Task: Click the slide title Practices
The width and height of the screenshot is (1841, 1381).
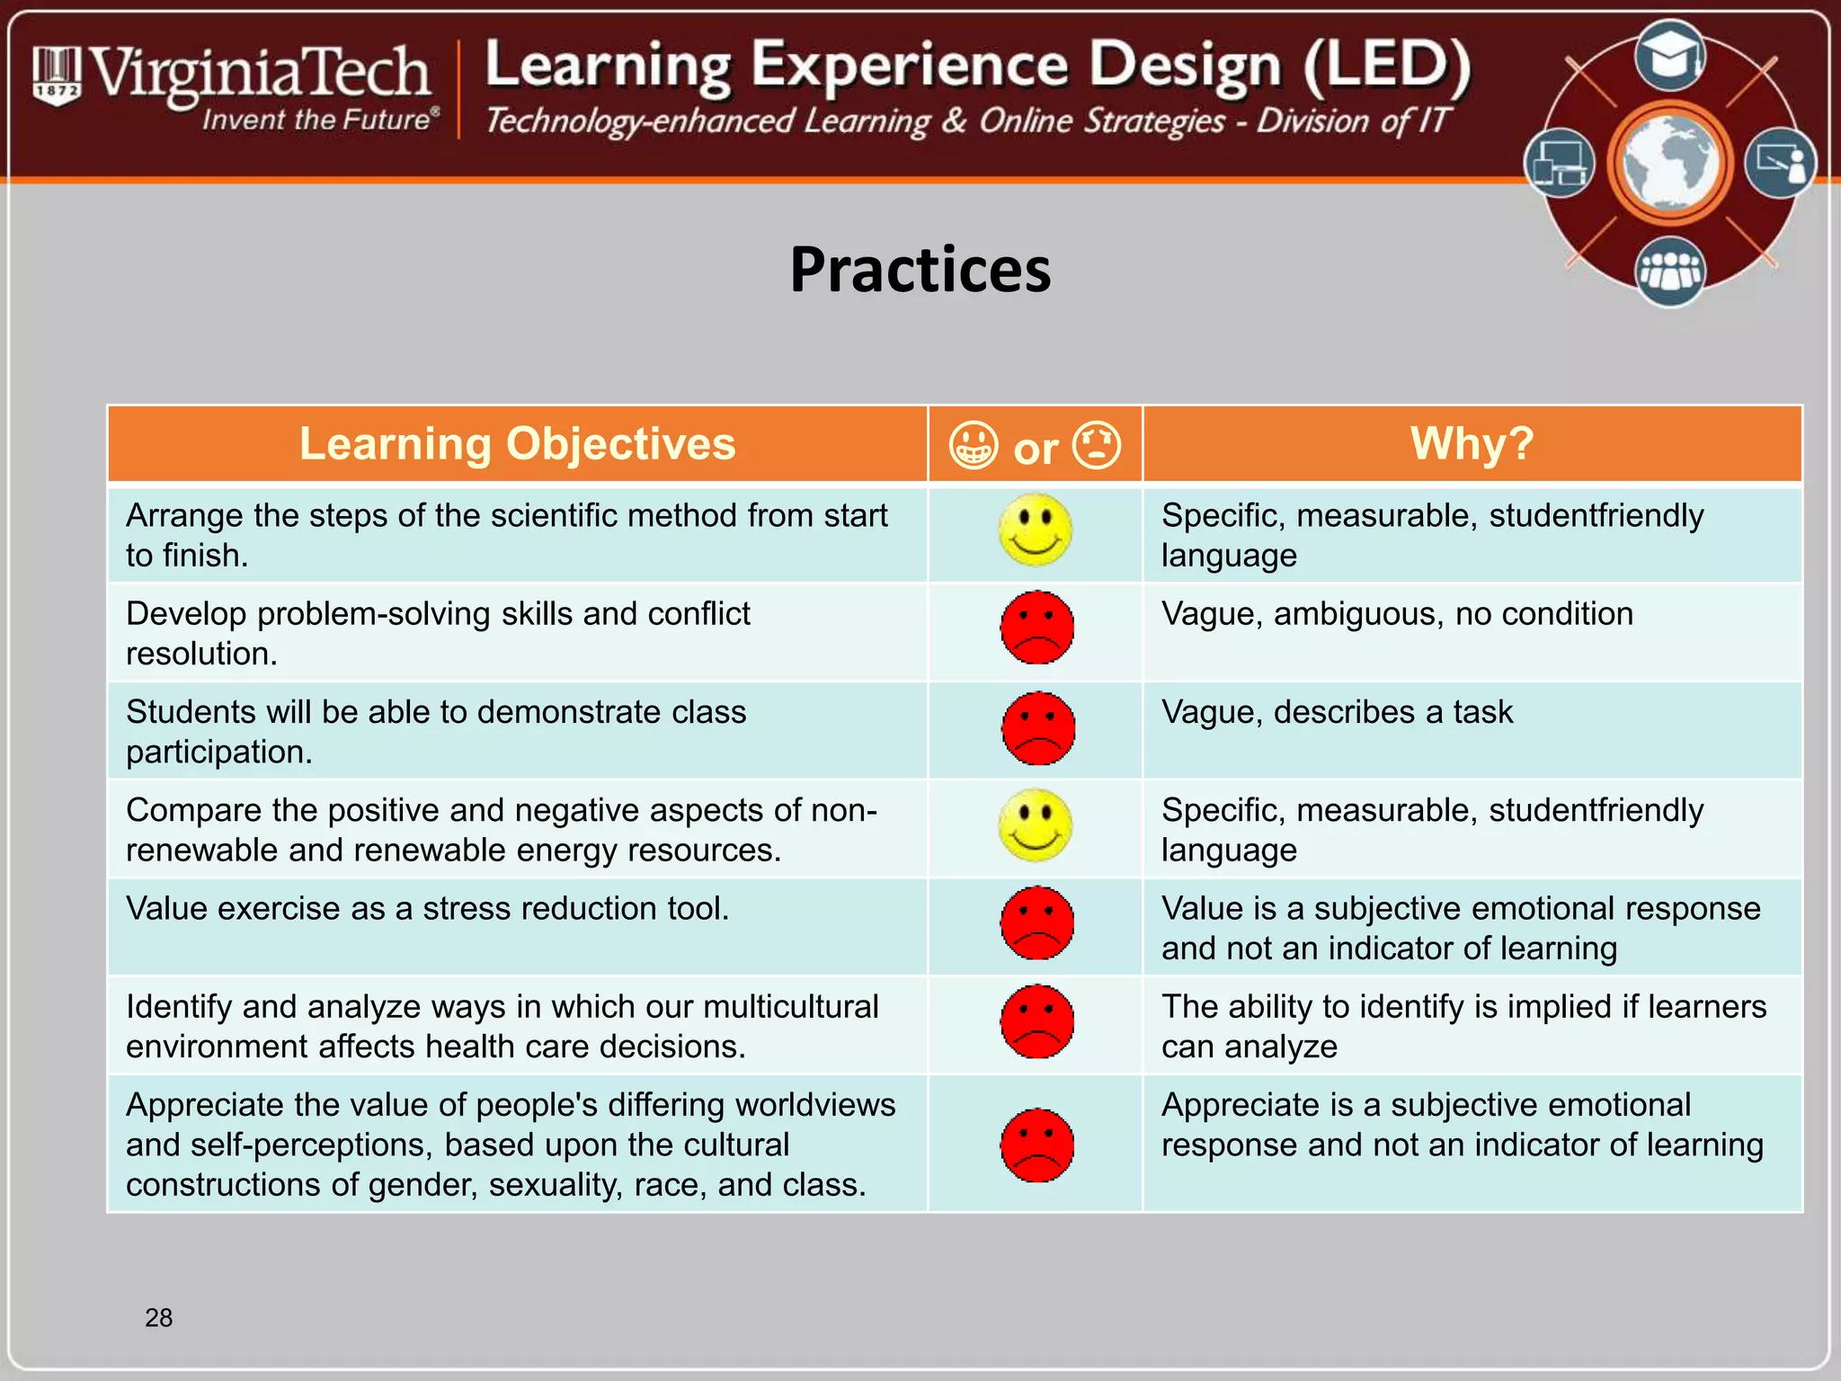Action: [920, 270]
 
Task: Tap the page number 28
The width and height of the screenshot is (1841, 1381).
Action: [158, 1317]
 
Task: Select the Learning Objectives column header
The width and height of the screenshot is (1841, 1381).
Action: [517, 444]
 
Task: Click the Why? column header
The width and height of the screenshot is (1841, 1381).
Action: [1472, 444]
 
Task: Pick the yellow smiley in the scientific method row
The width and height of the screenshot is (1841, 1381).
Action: [1036, 530]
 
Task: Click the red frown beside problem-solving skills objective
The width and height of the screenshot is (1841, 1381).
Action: [1036, 628]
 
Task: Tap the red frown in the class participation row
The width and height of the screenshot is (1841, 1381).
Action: [1037, 727]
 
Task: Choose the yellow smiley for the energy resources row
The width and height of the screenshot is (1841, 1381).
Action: [1036, 825]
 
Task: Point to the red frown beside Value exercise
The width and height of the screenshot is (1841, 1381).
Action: [1036, 923]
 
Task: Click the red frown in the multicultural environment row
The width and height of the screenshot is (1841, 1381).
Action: [1036, 1021]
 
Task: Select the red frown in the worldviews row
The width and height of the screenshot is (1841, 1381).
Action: [1036, 1145]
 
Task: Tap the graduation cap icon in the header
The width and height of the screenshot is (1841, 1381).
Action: [1670, 57]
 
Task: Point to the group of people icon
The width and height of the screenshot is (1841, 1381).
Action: [1670, 271]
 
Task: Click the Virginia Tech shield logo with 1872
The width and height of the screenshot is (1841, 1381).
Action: [57, 76]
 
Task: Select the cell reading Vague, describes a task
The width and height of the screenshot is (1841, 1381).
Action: [1337, 712]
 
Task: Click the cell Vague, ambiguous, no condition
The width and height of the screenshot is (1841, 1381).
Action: [1396, 614]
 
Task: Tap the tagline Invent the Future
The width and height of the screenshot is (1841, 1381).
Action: [319, 120]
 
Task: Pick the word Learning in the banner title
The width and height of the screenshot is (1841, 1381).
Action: [609, 67]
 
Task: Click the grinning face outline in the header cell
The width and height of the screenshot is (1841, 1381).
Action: [974, 446]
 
